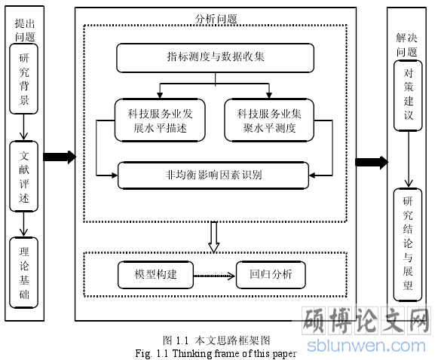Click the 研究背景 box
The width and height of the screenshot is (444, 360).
coord(24,79)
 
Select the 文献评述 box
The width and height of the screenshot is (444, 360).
coord(24,176)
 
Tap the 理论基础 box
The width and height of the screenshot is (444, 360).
coord(24,273)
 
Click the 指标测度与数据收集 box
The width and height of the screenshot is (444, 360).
coord(215,58)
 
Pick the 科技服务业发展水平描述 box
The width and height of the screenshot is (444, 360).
coord(160,121)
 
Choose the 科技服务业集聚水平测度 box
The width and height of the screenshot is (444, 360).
coord(269,121)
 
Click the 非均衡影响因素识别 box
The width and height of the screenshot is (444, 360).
coord(213,175)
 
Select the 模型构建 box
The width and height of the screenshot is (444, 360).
coord(155,275)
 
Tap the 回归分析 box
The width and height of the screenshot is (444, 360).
coord(271,275)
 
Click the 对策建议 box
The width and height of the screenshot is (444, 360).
coord(408,96)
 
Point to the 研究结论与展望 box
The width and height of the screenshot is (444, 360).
coord(408,245)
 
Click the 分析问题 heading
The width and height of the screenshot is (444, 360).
coord(216,20)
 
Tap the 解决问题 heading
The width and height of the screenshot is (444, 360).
coord(406,44)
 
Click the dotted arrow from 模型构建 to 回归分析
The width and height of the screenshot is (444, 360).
coord(214,276)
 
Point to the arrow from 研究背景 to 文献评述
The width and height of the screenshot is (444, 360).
coord(24,127)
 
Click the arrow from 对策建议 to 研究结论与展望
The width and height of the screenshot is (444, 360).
coord(409,160)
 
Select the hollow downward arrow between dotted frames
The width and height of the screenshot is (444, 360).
coord(214,237)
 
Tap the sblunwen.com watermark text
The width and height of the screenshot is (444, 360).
coord(366,346)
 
